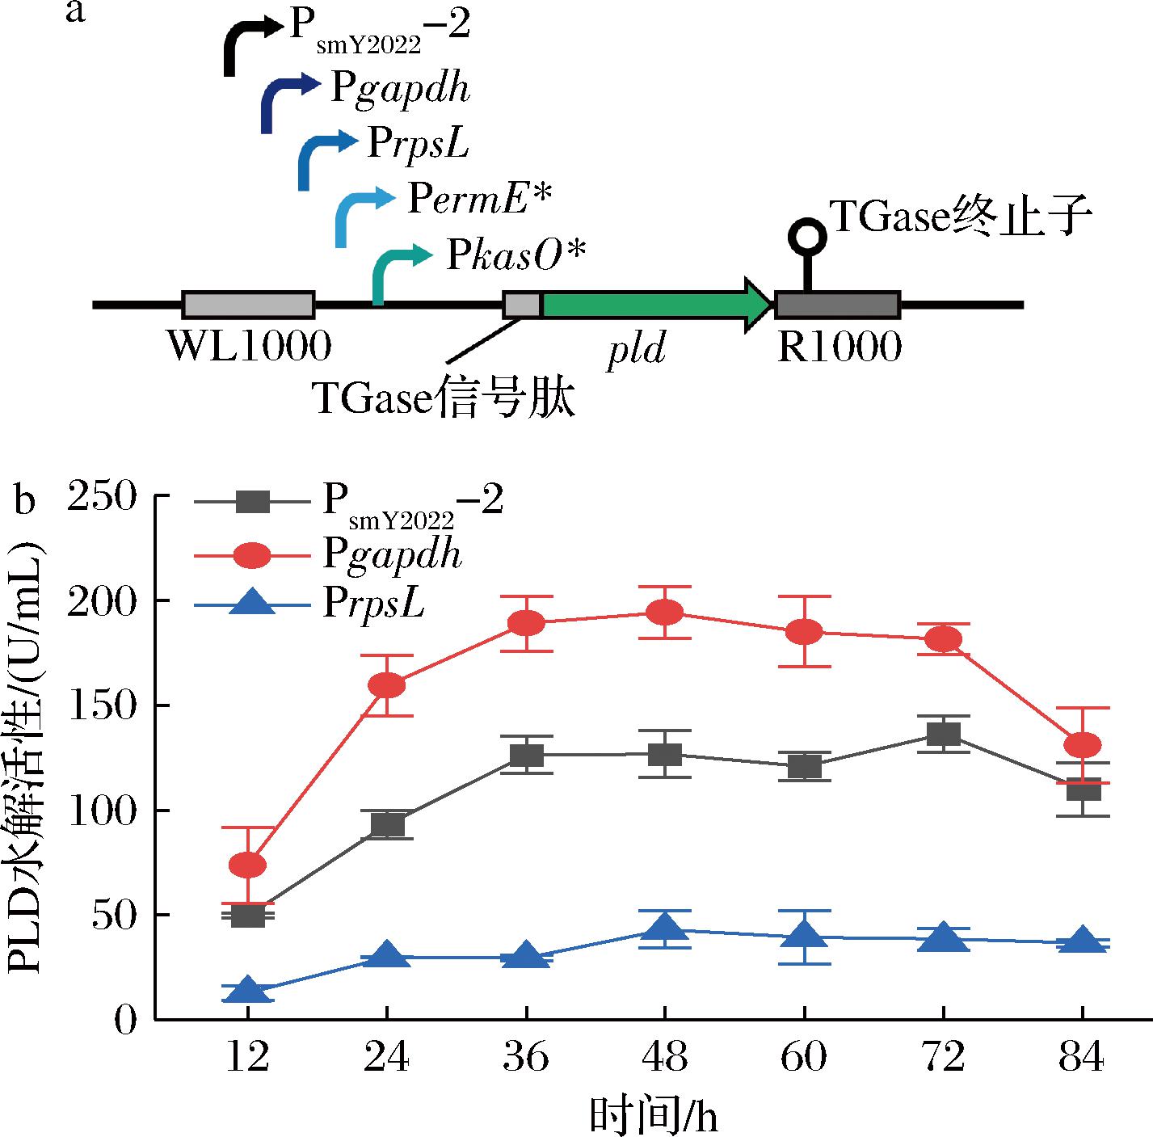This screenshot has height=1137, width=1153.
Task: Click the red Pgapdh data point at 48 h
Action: coord(666,613)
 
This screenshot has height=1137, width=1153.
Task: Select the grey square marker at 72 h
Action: coord(944,734)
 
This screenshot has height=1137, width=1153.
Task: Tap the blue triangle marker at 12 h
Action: coord(248,990)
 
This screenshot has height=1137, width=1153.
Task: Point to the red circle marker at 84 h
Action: coord(1083,745)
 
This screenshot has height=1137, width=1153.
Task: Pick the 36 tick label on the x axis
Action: coord(526,1057)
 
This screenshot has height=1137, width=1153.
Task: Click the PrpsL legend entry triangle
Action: coord(252,604)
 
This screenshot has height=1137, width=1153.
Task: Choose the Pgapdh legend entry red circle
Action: coord(252,555)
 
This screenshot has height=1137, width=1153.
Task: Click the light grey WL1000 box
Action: coord(249,305)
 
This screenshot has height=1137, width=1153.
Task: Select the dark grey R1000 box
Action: coord(838,305)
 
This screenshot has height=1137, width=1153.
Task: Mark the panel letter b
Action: coord(27,501)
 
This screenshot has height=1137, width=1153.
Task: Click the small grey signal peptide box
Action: coord(522,305)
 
